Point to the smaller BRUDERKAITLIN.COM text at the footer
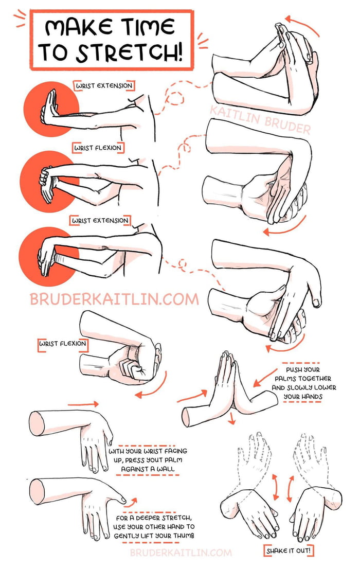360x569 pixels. click(181, 553)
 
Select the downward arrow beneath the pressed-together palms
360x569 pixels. click(232, 417)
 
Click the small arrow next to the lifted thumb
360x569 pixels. click(132, 500)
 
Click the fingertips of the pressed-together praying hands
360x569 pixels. click(226, 356)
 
